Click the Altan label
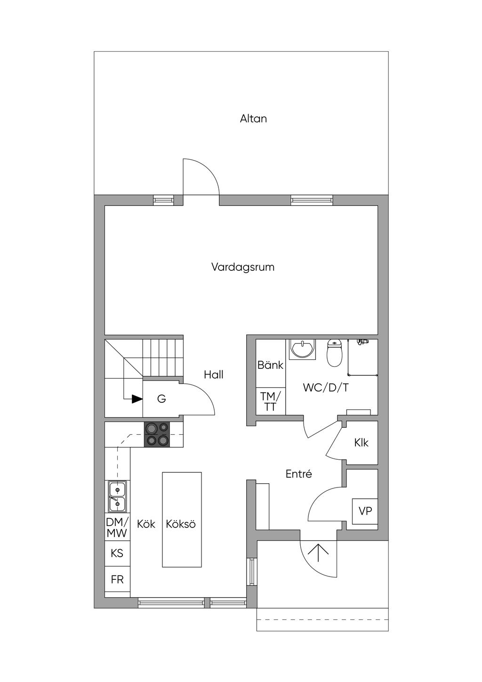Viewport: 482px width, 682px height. [253, 118]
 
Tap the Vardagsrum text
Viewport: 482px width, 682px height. [243, 267]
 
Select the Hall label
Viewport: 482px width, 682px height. [214, 374]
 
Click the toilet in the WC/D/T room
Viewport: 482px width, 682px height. [334, 353]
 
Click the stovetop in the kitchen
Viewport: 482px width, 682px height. [157, 434]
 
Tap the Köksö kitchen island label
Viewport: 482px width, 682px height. [181, 524]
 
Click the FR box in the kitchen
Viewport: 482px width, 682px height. [117, 579]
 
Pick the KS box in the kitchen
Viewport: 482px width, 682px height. [117, 553]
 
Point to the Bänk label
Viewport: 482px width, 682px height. [271, 365]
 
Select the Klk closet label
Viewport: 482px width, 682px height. [361, 442]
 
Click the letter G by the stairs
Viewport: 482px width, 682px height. [161, 398]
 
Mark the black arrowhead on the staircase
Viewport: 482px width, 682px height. [137, 399]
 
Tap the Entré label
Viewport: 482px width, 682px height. [299, 474]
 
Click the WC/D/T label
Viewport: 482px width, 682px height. [326, 388]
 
